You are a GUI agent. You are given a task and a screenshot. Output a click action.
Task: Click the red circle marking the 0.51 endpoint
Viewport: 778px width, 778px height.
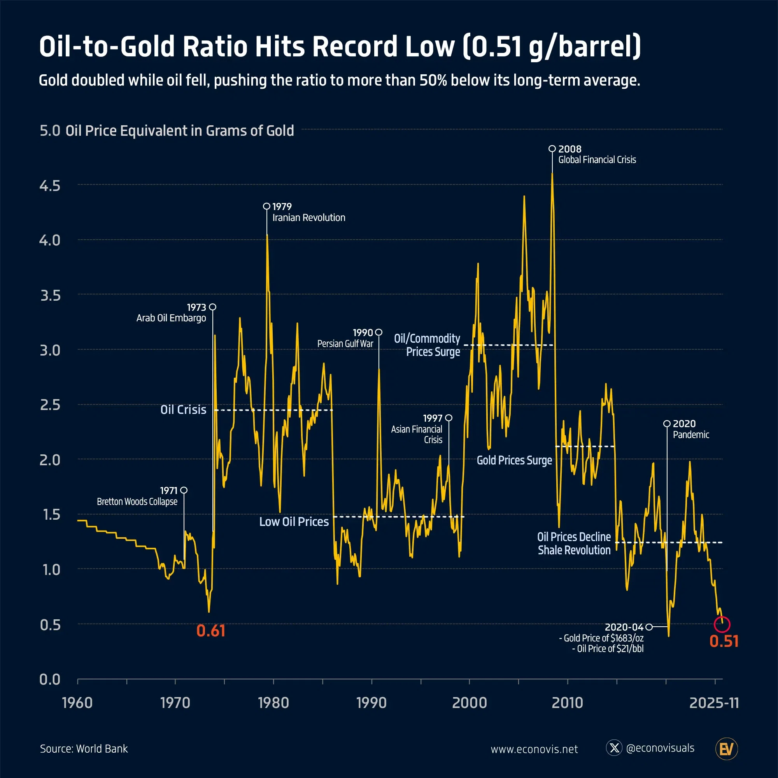pos(722,625)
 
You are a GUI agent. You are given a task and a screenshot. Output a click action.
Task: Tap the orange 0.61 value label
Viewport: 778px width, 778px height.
pos(210,631)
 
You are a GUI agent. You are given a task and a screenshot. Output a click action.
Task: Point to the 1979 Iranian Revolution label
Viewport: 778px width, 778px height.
pos(308,212)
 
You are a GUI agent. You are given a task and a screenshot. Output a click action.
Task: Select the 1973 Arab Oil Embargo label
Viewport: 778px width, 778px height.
pos(171,313)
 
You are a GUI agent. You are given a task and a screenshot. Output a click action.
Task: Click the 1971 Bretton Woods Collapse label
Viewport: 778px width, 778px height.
pos(137,496)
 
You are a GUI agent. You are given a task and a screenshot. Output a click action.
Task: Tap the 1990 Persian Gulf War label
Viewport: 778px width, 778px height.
pos(345,338)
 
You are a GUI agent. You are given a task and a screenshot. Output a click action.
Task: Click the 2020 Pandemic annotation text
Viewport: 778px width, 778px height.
pos(690,429)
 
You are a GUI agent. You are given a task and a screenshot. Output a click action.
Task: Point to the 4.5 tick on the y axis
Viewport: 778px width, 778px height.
pos(50,186)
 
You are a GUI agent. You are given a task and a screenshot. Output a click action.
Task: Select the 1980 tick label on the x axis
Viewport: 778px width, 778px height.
pos(273,703)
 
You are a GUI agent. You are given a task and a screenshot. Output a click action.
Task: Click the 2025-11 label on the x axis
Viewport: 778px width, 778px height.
pos(714,703)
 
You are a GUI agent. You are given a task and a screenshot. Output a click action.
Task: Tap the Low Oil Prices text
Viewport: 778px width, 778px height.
pos(294,522)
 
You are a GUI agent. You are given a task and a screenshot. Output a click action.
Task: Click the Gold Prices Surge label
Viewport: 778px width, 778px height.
pos(514,460)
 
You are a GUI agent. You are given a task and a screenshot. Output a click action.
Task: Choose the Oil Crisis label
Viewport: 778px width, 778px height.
pos(183,410)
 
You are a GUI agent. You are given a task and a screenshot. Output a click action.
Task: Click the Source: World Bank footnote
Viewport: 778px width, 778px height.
pos(84,748)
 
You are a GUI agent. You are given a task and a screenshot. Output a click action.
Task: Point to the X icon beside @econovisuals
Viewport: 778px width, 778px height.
pos(614,748)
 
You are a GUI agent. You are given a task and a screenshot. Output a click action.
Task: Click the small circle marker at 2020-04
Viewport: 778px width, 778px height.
pos(649,627)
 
